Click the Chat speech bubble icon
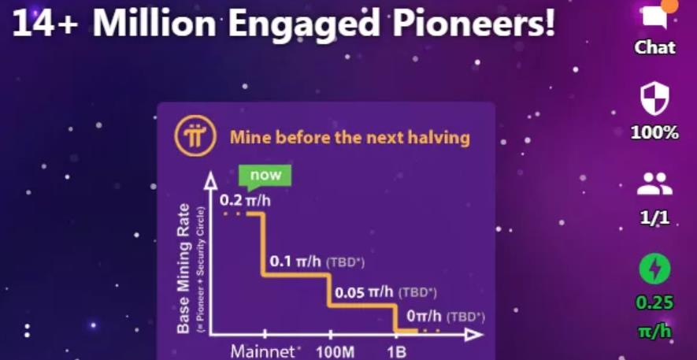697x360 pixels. tap(654, 16)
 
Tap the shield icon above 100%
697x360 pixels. tap(654, 99)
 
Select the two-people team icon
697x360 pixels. tap(654, 184)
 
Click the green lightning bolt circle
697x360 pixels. tap(654, 269)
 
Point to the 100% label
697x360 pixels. tap(654, 132)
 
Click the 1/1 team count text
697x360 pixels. tap(654, 217)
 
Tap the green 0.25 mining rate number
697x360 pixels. tap(654, 302)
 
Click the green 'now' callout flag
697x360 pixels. tap(265, 176)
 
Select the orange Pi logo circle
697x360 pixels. tap(195, 135)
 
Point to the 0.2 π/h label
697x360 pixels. tap(245, 200)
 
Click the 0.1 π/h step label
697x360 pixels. tap(295, 262)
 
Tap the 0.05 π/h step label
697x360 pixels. tap(364, 293)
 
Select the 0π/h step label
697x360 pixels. tap(424, 317)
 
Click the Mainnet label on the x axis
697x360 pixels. tap(263, 351)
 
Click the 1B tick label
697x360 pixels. tap(396, 352)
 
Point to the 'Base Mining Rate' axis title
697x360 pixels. tap(184, 269)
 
